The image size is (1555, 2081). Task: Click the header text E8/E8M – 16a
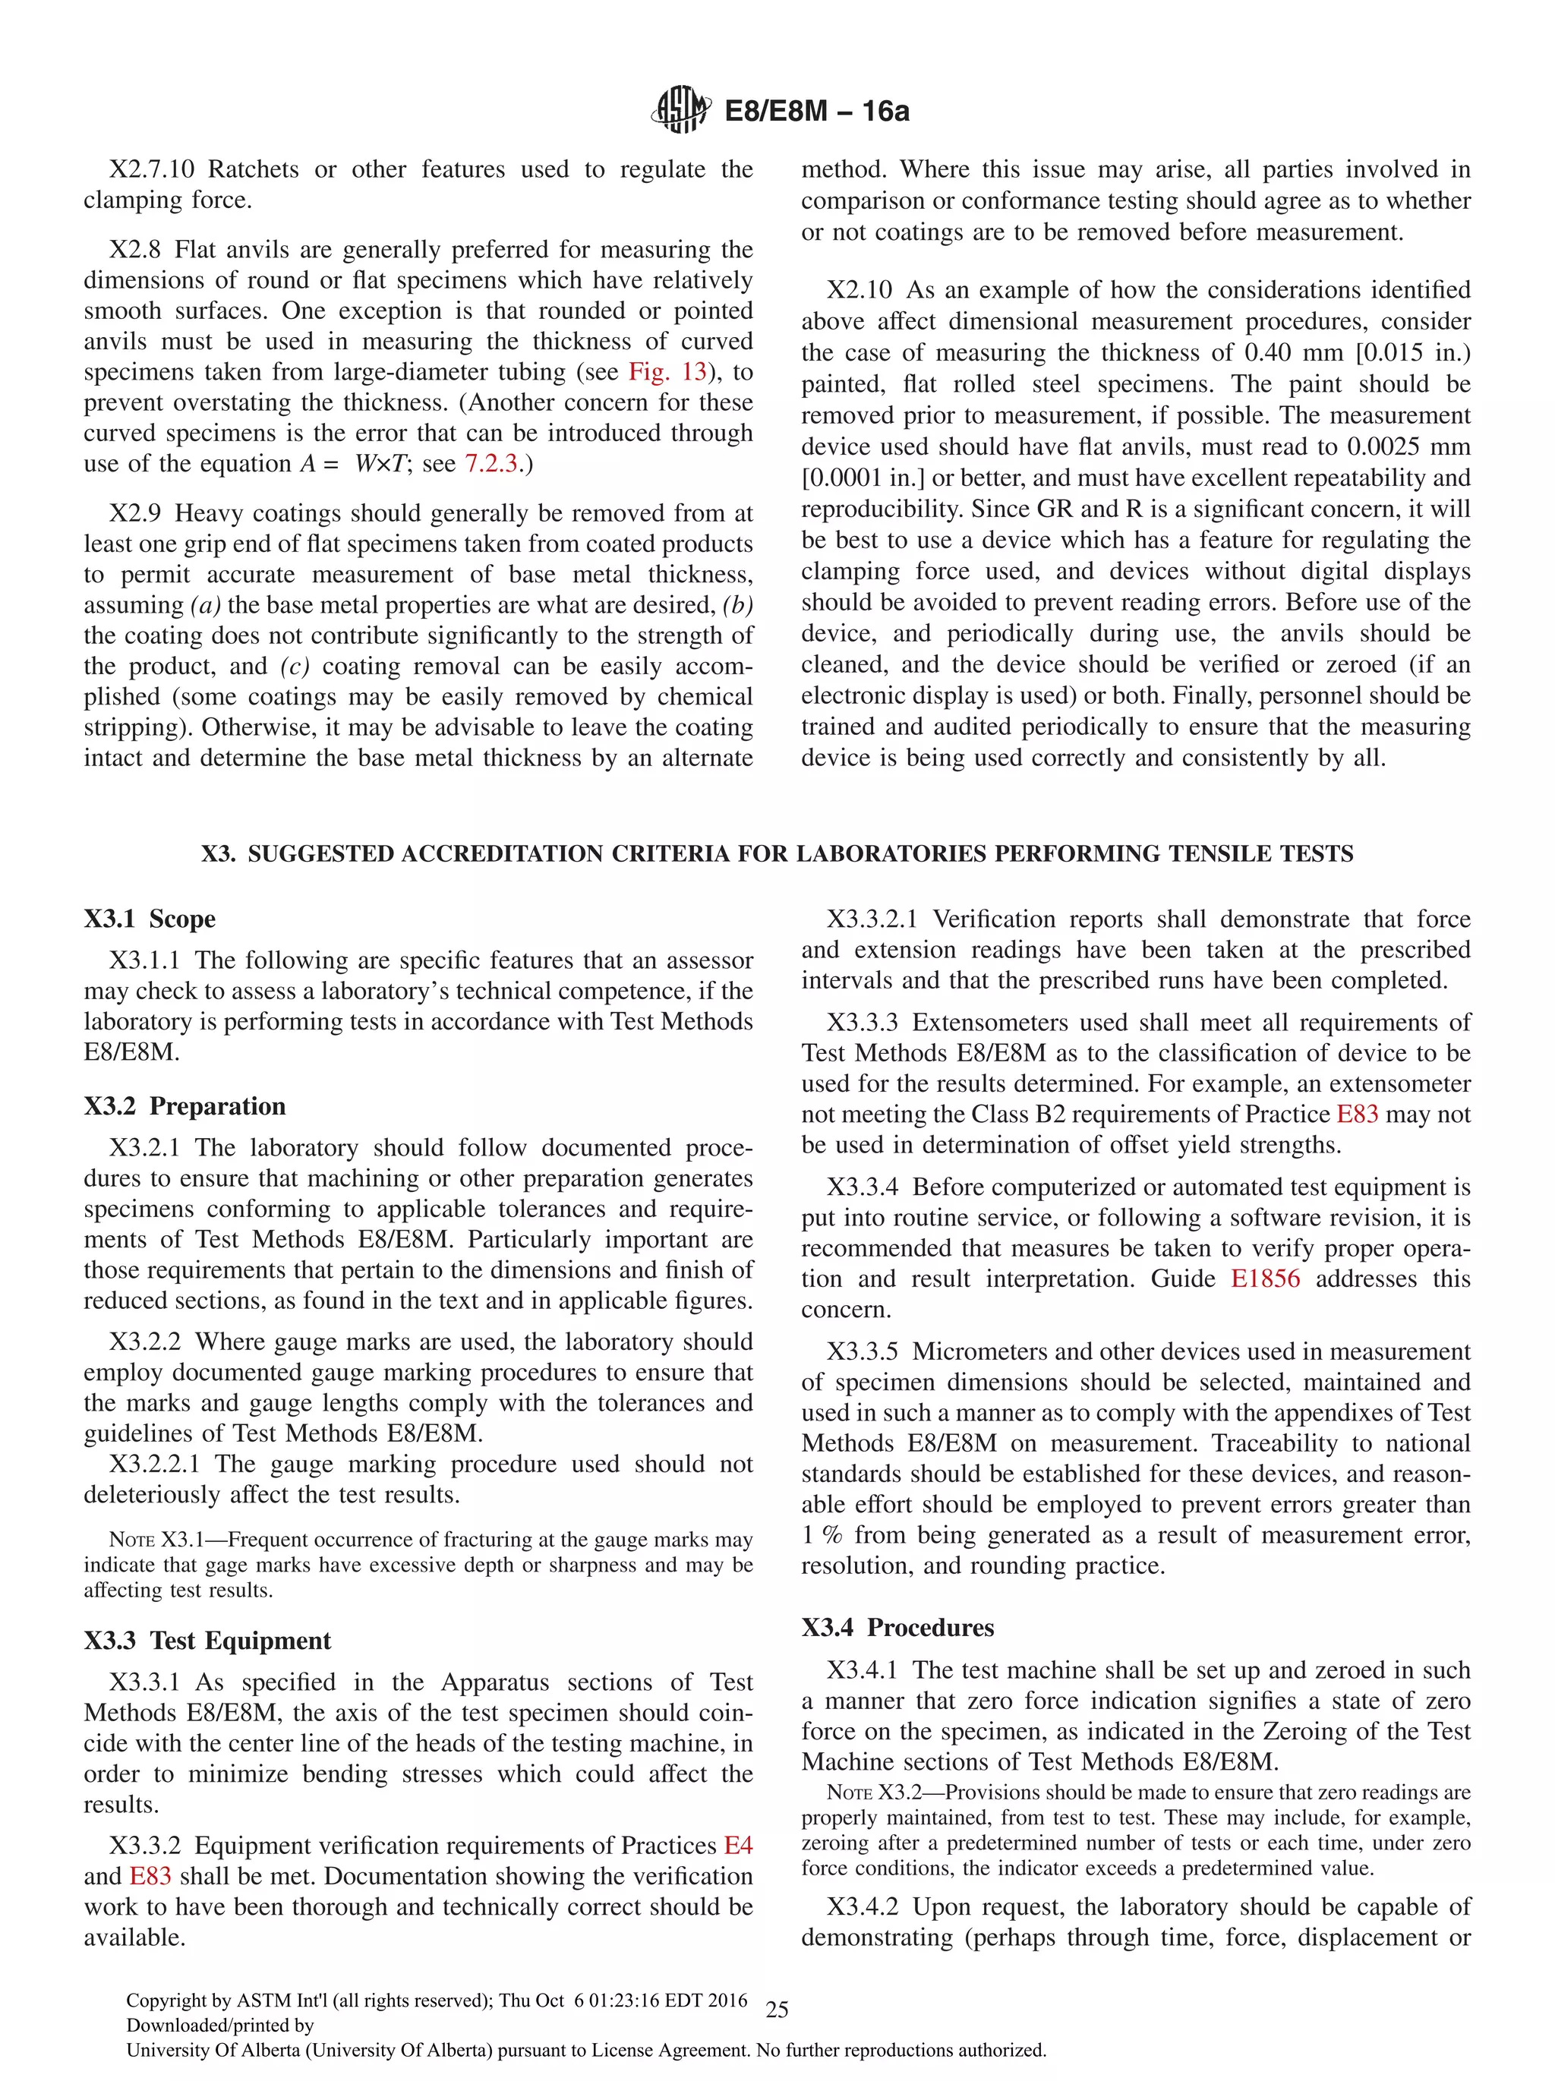click(x=815, y=111)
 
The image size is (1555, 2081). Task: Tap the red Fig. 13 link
click(x=667, y=371)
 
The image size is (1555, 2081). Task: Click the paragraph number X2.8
click(x=134, y=249)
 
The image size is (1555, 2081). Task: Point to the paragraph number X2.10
click(x=859, y=290)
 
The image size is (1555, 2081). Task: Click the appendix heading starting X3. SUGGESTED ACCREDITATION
click(x=777, y=853)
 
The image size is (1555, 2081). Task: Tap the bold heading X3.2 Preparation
click(x=185, y=1105)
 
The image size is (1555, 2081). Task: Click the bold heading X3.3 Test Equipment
click(x=207, y=1640)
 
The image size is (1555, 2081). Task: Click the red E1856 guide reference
click(x=1264, y=1279)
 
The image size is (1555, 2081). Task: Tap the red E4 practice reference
click(x=737, y=1845)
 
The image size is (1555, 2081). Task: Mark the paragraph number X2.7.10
click(x=151, y=169)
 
